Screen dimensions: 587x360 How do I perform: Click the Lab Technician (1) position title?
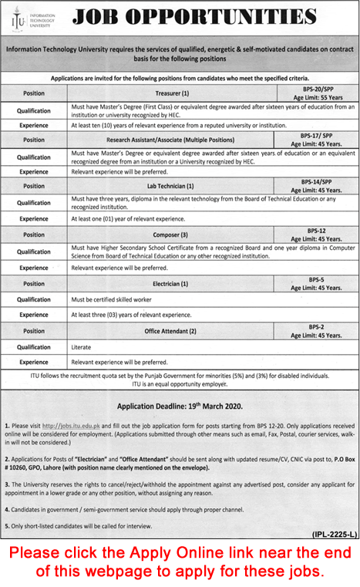click(x=169, y=187)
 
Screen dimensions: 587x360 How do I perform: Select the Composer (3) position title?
click(x=169, y=234)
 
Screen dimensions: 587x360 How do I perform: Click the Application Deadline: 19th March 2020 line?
click(x=180, y=406)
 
